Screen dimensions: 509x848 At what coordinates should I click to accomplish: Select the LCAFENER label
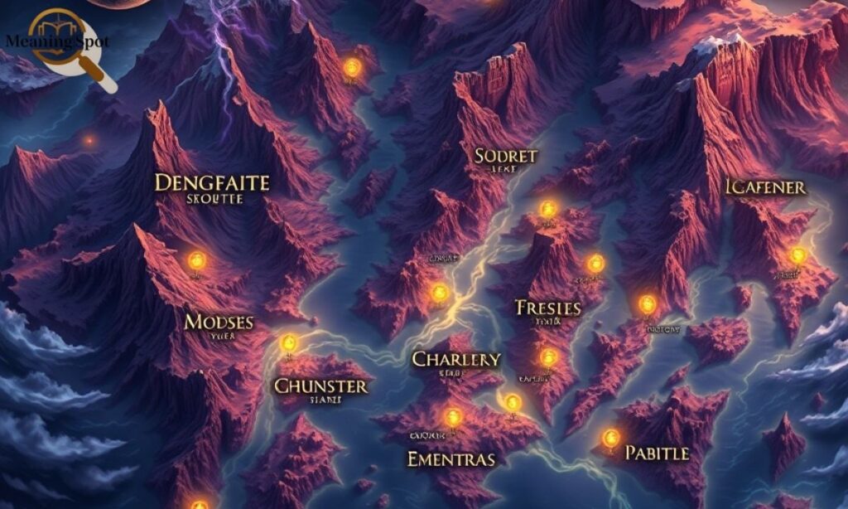tap(765, 187)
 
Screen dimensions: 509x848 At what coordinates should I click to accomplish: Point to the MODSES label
tap(219, 322)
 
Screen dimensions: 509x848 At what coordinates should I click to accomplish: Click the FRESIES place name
tap(547, 308)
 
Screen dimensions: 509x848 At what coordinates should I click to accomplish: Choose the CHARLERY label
tap(456, 359)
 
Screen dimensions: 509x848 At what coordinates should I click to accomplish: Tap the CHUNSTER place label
tap(320, 385)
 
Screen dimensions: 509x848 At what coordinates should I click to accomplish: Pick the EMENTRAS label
tap(451, 458)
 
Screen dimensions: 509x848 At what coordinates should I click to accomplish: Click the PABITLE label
tap(656, 453)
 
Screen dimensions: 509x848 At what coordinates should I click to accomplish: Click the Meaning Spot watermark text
tap(56, 41)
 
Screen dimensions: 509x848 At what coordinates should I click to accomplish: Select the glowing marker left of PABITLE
tap(611, 437)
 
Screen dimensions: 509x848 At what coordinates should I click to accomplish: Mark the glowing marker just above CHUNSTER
tap(288, 342)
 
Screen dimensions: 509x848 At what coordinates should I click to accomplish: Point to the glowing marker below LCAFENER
tap(797, 255)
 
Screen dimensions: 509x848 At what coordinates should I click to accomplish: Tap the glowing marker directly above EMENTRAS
tap(452, 417)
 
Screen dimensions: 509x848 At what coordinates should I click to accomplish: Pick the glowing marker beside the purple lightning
tap(352, 66)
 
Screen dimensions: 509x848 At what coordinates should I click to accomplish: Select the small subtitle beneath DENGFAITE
tap(214, 200)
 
